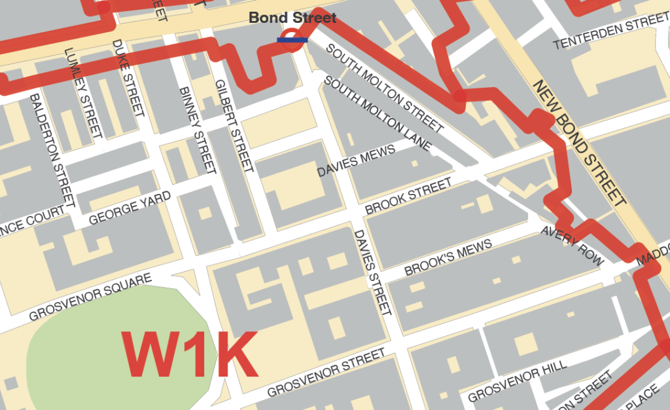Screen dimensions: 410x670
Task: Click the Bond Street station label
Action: click(292, 18)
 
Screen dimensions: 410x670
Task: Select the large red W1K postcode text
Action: click(188, 354)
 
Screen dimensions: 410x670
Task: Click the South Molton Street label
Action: click(385, 86)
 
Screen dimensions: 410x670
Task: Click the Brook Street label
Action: click(408, 196)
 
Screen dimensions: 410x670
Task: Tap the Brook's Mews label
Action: click(448, 258)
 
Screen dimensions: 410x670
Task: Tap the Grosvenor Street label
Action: click(326, 373)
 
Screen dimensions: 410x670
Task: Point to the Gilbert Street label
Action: click(234, 125)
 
